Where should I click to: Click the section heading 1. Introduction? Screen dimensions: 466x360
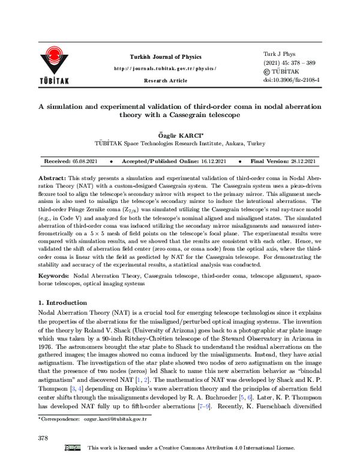point(62,303)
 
